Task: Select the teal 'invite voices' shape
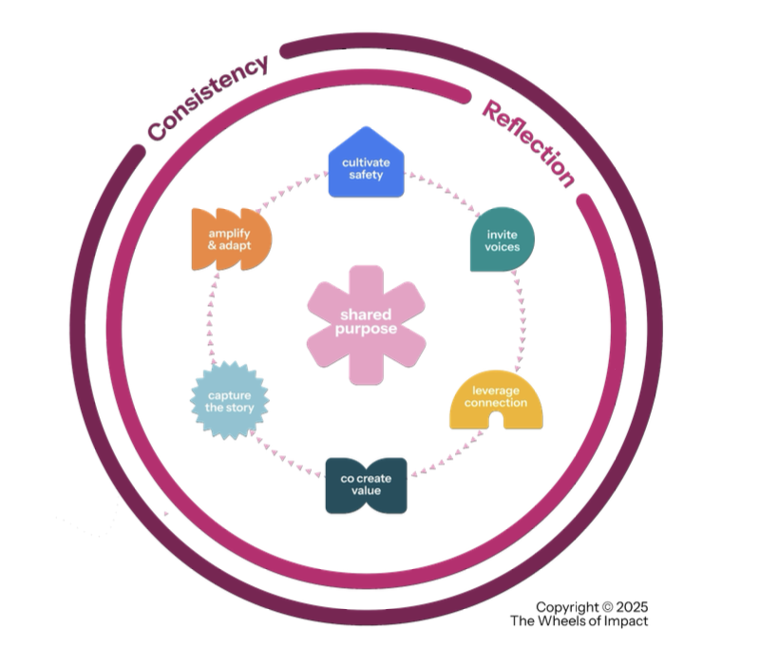[503, 239]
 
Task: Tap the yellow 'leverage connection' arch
[496, 400]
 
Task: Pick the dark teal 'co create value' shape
[366, 486]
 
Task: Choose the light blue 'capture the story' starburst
[229, 401]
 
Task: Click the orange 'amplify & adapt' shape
[231, 239]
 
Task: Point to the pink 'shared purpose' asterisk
[366, 325]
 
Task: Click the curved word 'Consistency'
[208, 99]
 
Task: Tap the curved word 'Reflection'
[528, 144]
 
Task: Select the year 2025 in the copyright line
[632, 607]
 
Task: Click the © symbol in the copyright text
[607, 607]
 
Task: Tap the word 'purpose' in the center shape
[366, 330]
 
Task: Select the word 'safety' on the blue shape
[366, 175]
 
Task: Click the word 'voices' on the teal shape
[503, 247]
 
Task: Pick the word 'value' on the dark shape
[366, 490]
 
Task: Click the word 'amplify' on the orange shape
[229, 234]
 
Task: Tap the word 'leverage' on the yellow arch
[496, 391]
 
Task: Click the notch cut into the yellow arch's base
[496, 421]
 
